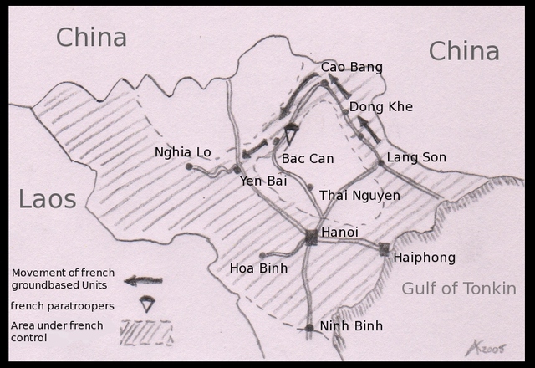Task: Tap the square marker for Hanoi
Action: [311, 238]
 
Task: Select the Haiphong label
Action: [423, 257]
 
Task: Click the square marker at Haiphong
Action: [384, 248]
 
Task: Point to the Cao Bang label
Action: [351, 67]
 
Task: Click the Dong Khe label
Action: [380, 107]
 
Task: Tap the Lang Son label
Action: [416, 157]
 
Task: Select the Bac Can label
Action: [308, 158]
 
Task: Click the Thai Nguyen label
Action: [359, 196]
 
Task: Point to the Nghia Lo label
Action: [183, 152]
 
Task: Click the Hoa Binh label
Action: [258, 268]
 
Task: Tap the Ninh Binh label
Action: [349, 327]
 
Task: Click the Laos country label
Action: [48, 199]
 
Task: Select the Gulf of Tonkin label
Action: [458, 289]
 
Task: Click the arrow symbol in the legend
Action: [143, 280]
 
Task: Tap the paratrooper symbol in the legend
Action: [147, 304]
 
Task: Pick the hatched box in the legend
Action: [146, 333]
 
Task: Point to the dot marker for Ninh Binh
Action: [309, 328]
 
